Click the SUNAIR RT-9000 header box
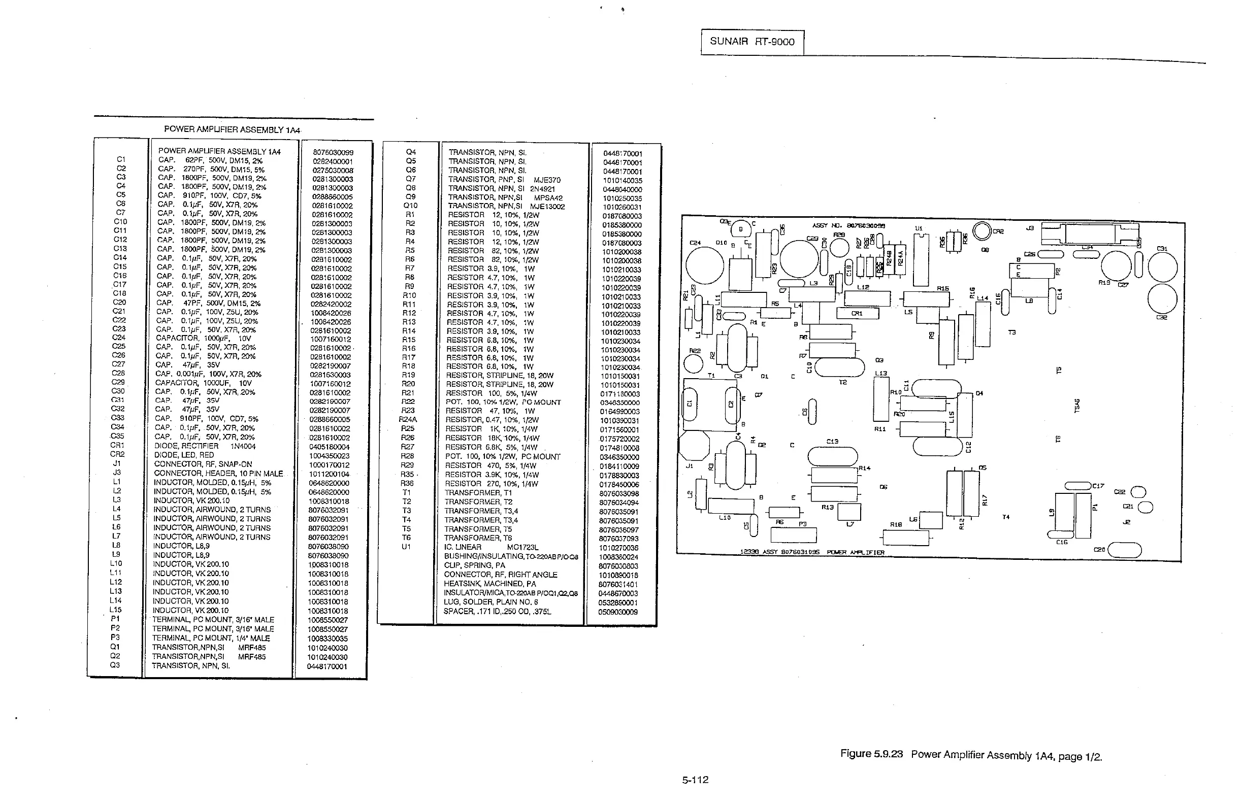click(x=751, y=42)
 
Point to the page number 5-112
click(x=695, y=780)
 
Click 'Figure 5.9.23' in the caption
click(x=871, y=754)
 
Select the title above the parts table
click(x=232, y=129)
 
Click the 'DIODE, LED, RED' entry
click(x=184, y=455)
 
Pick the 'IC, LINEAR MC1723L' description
click(x=491, y=547)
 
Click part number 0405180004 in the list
click(x=329, y=447)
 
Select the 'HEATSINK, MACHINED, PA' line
click(x=490, y=584)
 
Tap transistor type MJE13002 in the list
click(x=547, y=206)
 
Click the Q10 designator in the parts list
click(x=410, y=206)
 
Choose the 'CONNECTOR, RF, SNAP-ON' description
click(x=203, y=464)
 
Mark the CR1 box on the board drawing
click(x=858, y=313)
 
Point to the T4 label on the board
click(x=1006, y=517)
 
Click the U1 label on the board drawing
click(x=919, y=228)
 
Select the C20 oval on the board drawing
click(x=1125, y=550)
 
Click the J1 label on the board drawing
click(x=690, y=465)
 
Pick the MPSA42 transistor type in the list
click(x=548, y=197)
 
